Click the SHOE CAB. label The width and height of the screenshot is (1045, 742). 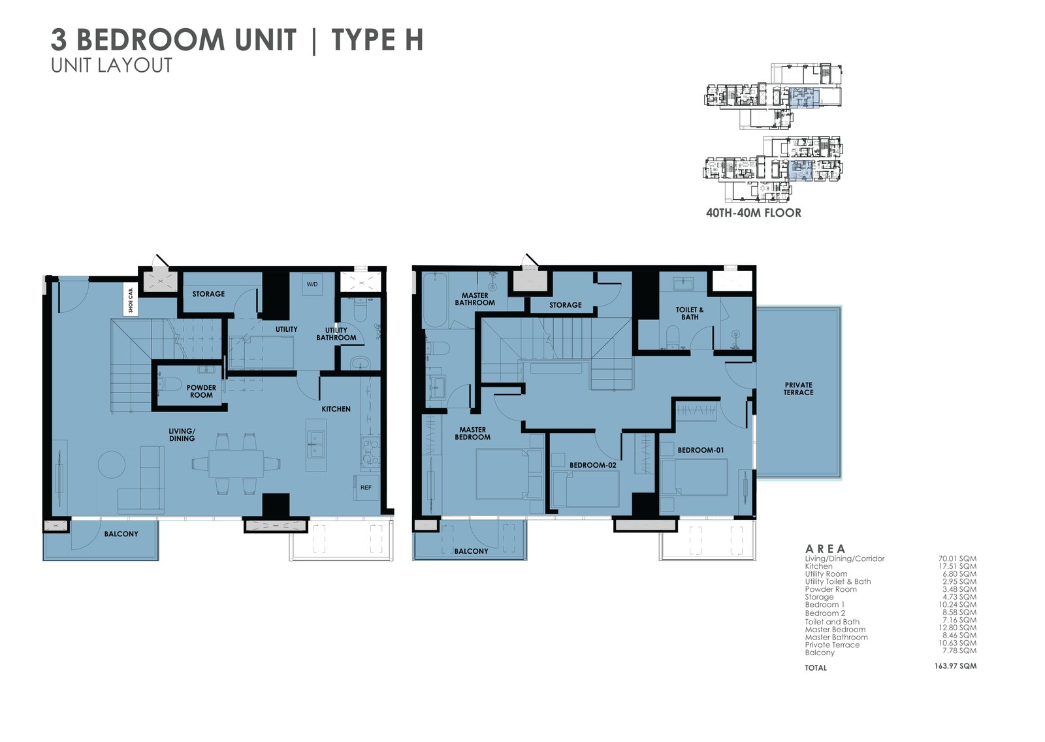(x=131, y=299)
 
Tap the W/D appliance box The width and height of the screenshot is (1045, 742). (x=312, y=284)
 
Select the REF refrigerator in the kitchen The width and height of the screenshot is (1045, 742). (x=366, y=487)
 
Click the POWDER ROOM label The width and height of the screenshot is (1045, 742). (x=201, y=391)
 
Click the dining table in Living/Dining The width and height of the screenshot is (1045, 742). (x=236, y=464)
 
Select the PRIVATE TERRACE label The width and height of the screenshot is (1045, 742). (x=798, y=389)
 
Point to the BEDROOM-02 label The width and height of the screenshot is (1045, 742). (x=592, y=465)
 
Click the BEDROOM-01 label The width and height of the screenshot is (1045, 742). (x=700, y=450)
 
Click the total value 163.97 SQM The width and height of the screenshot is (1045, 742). (x=955, y=666)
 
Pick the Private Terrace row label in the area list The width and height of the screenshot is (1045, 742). (x=832, y=645)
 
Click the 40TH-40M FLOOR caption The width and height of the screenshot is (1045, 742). (x=753, y=213)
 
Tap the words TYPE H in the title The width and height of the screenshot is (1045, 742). (x=378, y=40)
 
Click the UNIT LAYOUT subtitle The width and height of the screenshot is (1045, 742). (x=112, y=65)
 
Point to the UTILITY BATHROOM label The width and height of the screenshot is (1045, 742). (x=336, y=334)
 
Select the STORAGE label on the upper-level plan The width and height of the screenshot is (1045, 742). (x=565, y=305)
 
